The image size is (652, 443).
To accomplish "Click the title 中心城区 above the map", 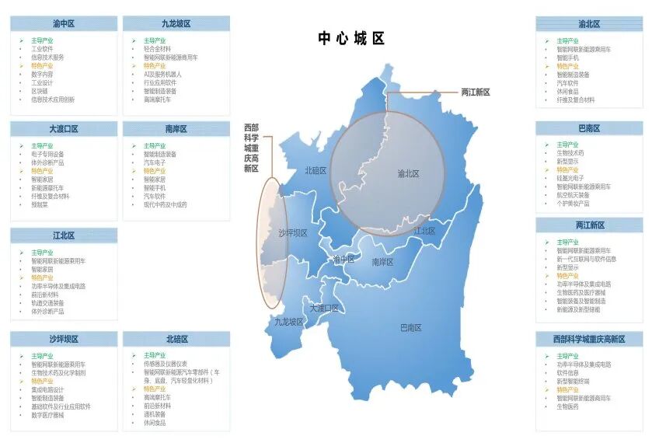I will click(351, 39).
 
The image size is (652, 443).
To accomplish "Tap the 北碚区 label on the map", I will click(316, 170).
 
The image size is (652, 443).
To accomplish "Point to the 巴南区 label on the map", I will click(412, 327).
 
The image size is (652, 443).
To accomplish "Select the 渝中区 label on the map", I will click(343, 259).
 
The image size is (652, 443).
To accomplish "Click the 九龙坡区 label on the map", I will click(288, 321).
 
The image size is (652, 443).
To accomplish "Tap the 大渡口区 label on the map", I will click(324, 308).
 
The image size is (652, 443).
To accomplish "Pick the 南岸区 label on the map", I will click(382, 262).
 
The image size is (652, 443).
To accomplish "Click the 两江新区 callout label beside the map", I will click(476, 92).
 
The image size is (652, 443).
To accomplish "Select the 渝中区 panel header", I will click(64, 24).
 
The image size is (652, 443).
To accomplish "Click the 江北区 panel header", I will click(64, 235).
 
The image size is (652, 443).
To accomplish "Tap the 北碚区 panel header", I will click(176, 339).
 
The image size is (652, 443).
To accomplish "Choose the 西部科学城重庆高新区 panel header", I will click(589, 340).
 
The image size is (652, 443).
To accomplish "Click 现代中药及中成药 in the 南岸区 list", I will click(165, 204).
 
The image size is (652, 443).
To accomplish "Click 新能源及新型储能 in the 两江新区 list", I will click(578, 309).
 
